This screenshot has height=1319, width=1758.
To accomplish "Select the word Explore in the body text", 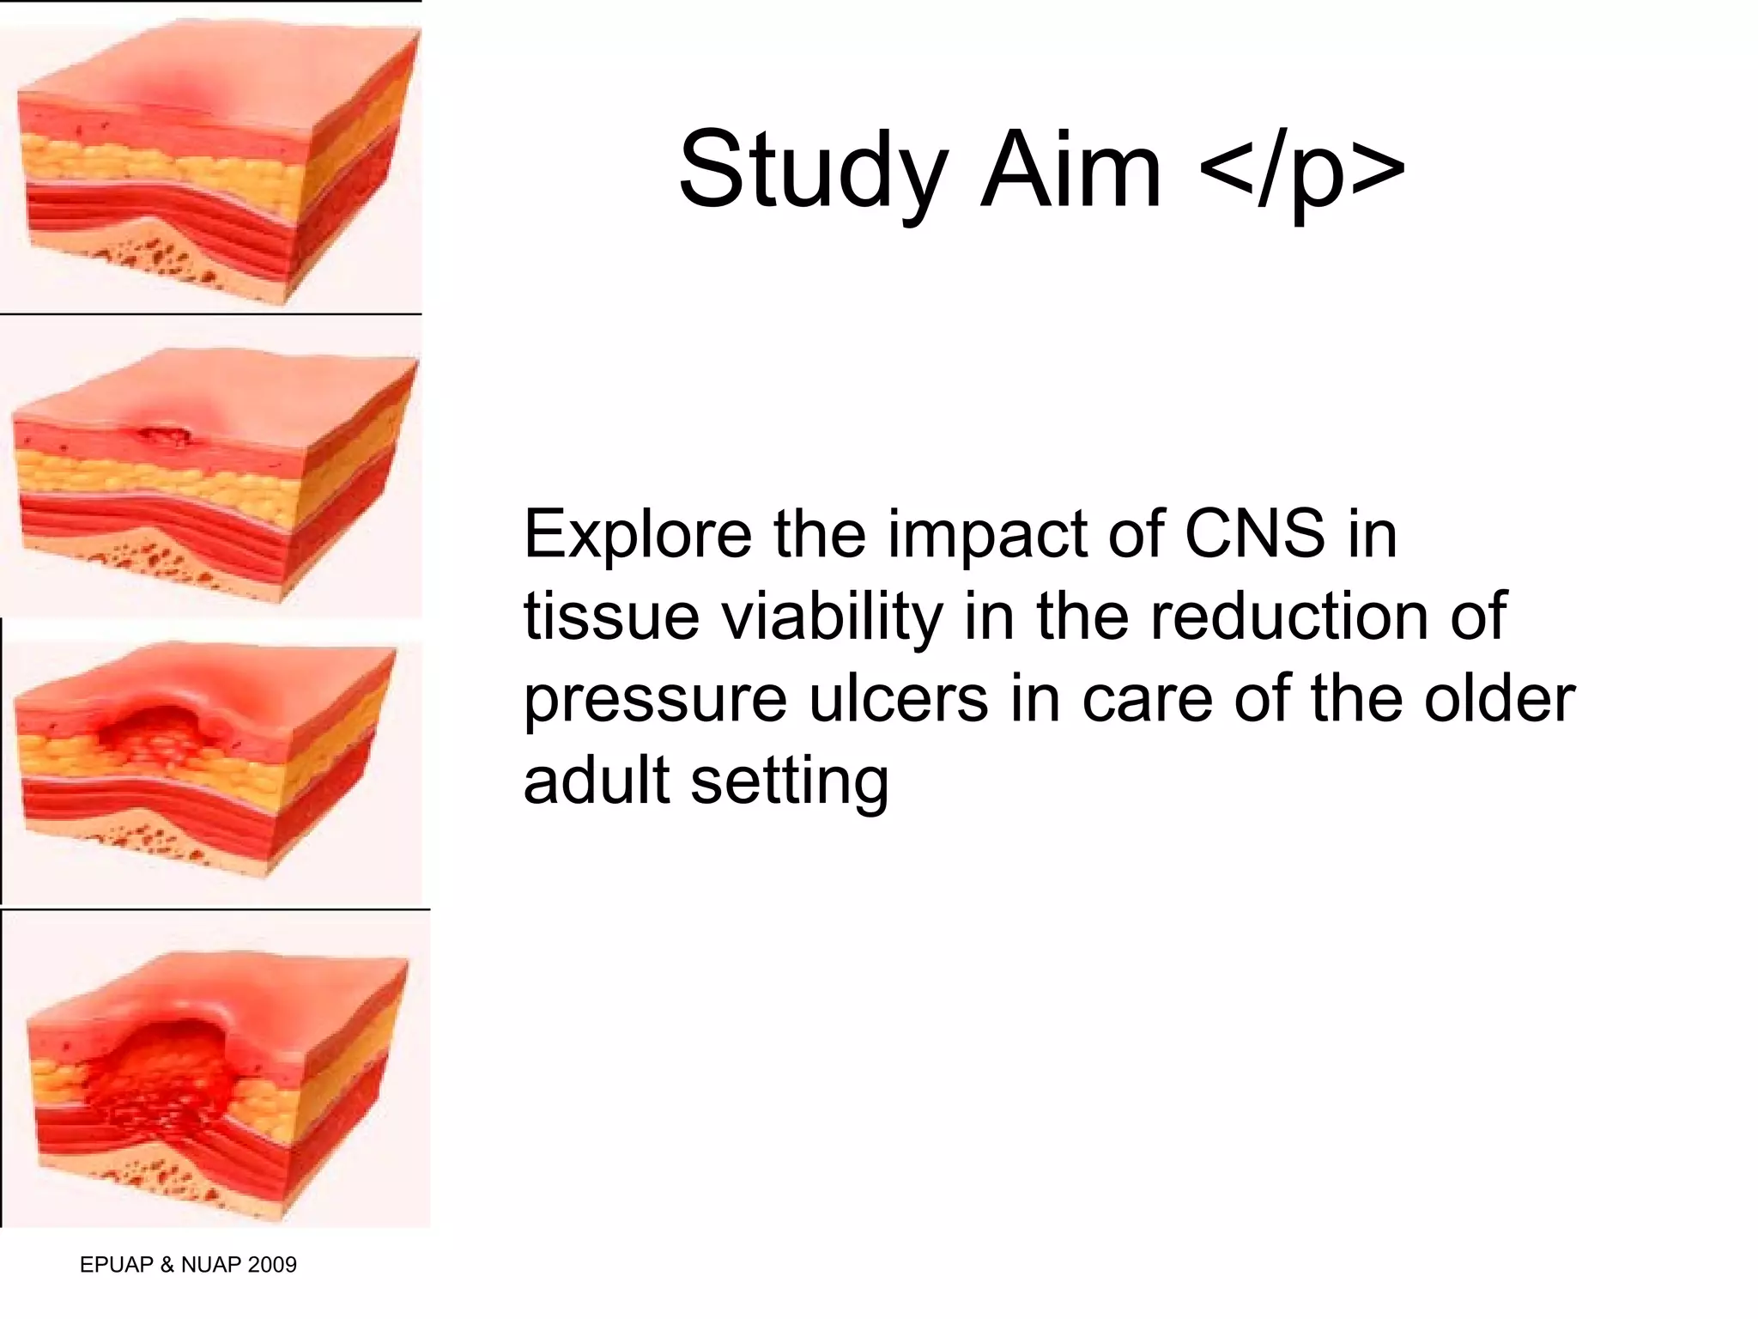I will (x=637, y=535).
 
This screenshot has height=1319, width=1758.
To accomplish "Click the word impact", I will (x=987, y=535).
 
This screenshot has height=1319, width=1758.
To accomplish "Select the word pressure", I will (x=655, y=700).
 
